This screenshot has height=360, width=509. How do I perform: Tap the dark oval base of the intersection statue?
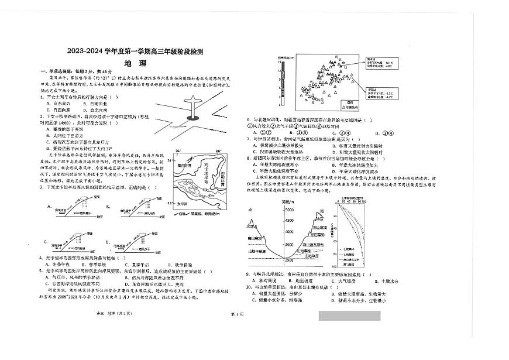click(194, 118)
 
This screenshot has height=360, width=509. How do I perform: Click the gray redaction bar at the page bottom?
click(349, 316)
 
